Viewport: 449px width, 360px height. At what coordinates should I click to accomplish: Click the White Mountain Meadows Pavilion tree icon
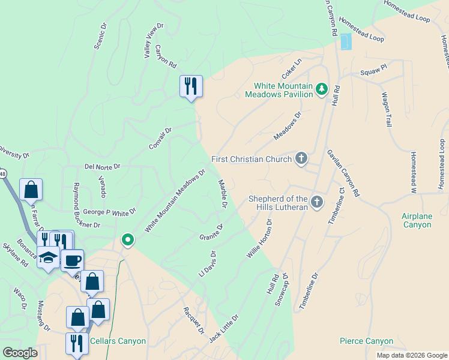point(322,89)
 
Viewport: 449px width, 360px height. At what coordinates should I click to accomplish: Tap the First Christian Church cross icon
point(301,159)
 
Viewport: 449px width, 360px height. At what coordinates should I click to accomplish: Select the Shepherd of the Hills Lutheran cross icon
point(317,202)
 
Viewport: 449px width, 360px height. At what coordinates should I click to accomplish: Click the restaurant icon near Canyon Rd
point(191,86)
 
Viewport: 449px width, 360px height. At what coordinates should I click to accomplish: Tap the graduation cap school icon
point(49,258)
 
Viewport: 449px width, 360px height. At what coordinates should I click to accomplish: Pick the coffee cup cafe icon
point(72,260)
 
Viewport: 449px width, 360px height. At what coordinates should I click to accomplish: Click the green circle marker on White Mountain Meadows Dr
point(127,240)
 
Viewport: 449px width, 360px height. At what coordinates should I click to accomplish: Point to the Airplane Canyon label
point(417,220)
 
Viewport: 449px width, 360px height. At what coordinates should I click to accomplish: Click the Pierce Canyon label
point(366,341)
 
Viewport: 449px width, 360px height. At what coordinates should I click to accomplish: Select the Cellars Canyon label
point(118,341)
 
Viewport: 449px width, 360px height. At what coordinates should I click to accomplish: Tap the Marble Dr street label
point(222,194)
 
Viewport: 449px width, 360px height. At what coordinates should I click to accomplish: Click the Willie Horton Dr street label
point(259,239)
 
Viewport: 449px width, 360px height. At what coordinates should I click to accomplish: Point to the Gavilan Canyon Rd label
point(343,173)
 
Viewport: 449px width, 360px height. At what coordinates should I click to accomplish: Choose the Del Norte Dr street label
point(103,166)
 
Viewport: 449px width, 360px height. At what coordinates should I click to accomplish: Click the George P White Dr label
point(110,212)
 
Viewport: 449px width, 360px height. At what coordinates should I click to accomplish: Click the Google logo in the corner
point(20,353)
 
